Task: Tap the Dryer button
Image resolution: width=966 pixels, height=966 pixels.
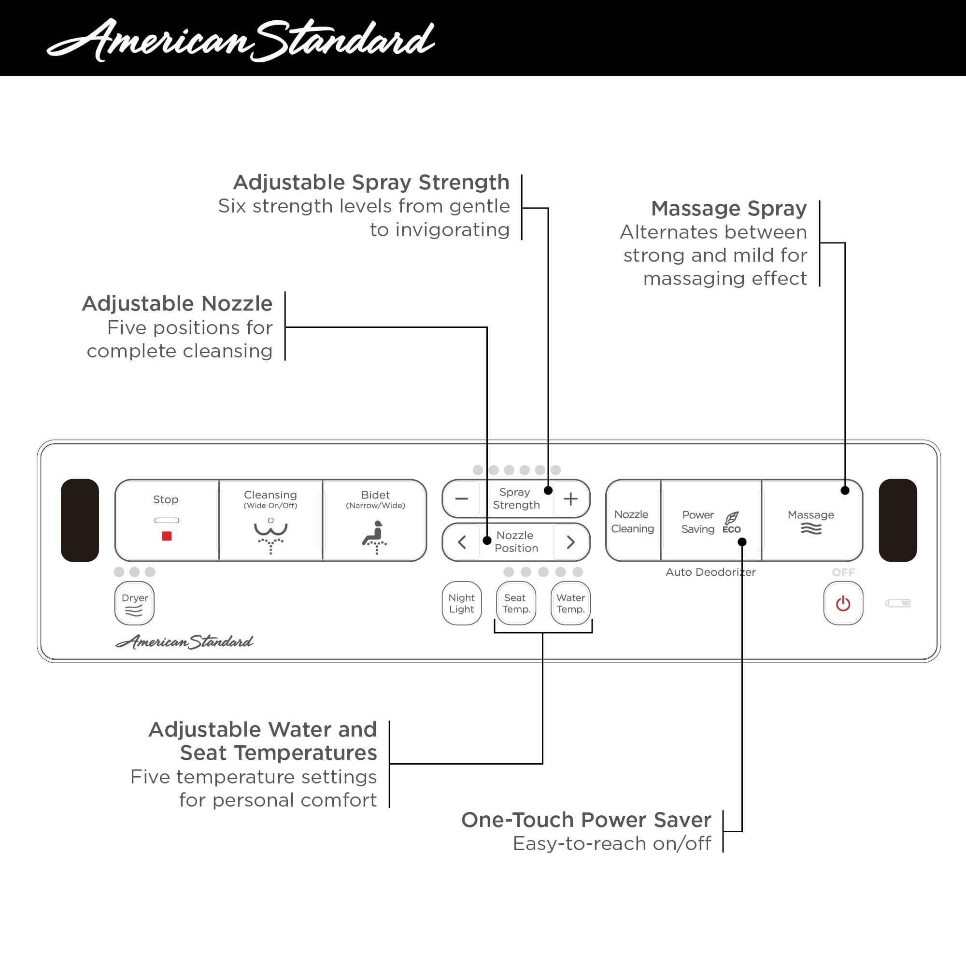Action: tap(134, 603)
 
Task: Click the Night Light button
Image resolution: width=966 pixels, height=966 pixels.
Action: tap(461, 603)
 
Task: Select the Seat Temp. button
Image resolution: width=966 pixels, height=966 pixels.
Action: tap(516, 603)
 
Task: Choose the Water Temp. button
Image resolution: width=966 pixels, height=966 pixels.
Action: tap(570, 603)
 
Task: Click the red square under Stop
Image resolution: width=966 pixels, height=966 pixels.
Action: tap(167, 536)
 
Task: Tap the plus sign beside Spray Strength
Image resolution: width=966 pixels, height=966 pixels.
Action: tap(570, 498)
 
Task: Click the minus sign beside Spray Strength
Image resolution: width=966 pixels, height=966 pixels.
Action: tap(461, 498)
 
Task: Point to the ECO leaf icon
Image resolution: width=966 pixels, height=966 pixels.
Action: tap(732, 518)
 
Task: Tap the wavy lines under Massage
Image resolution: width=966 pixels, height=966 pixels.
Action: tap(811, 528)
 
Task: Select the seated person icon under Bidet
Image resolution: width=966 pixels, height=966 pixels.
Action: tap(375, 537)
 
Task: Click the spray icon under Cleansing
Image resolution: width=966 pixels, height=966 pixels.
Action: tap(270, 536)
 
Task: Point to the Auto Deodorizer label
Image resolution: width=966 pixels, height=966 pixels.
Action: tap(710, 572)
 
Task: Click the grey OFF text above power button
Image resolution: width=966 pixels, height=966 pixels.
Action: tap(843, 572)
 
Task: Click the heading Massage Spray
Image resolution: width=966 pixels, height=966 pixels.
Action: tap(728, 208)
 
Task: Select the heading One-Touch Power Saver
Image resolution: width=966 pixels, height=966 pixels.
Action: tap(586, 820)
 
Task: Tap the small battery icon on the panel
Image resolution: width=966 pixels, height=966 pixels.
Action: tap(898, 603)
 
